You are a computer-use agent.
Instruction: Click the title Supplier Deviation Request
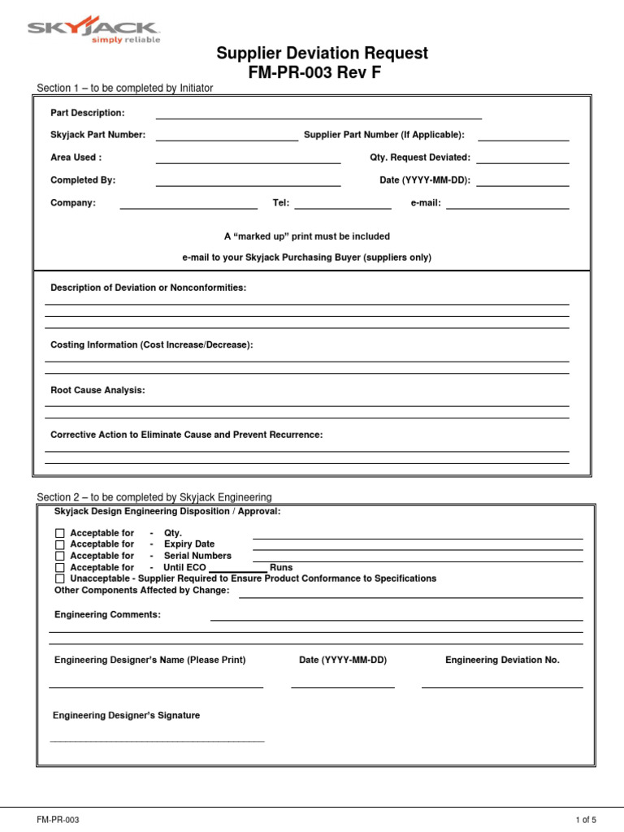322,54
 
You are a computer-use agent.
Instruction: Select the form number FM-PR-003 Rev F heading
314,73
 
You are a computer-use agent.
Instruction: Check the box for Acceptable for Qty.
59,534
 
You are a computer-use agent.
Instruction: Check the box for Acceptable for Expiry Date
59,545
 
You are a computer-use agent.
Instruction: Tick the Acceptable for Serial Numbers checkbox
59,557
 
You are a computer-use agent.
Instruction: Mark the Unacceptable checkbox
59,579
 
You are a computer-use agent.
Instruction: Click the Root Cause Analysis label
97,391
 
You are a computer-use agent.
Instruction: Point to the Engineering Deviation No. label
502,661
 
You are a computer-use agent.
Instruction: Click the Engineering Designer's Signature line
158,739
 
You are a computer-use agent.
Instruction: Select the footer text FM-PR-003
58,821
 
